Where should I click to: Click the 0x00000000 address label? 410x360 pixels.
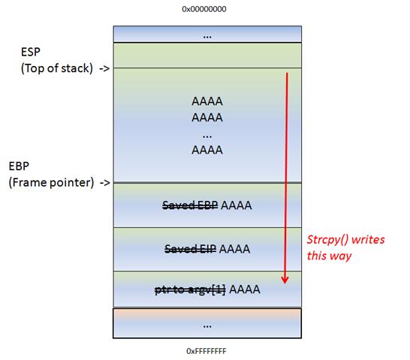(204, 9)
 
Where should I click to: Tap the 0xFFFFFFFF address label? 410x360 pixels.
(207, 351)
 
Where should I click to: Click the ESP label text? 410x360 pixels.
(31, 52)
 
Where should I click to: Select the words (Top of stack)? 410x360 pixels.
(57, 68)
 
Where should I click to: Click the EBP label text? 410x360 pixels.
(19, 166)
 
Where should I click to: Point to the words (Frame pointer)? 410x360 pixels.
(51, 182)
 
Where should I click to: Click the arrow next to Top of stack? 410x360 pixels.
(104, 69)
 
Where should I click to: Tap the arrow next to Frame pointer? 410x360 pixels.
(105, 183)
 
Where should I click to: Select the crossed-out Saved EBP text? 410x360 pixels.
(190, 205)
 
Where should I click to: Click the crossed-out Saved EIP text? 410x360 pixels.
(191, 249)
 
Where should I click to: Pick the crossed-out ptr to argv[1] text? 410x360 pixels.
(191, 289)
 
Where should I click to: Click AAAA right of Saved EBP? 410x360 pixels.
(237, 205)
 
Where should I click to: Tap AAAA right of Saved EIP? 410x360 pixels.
(234, 249)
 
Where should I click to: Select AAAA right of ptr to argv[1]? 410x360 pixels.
(245, 289)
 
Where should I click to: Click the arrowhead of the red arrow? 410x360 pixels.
(285, 280)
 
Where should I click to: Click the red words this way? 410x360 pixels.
(329, 256)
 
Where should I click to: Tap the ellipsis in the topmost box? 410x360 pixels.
(207, 37)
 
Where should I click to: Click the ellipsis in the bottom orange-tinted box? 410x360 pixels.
(207, 326)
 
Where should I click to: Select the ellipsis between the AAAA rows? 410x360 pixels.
(207, 136)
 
